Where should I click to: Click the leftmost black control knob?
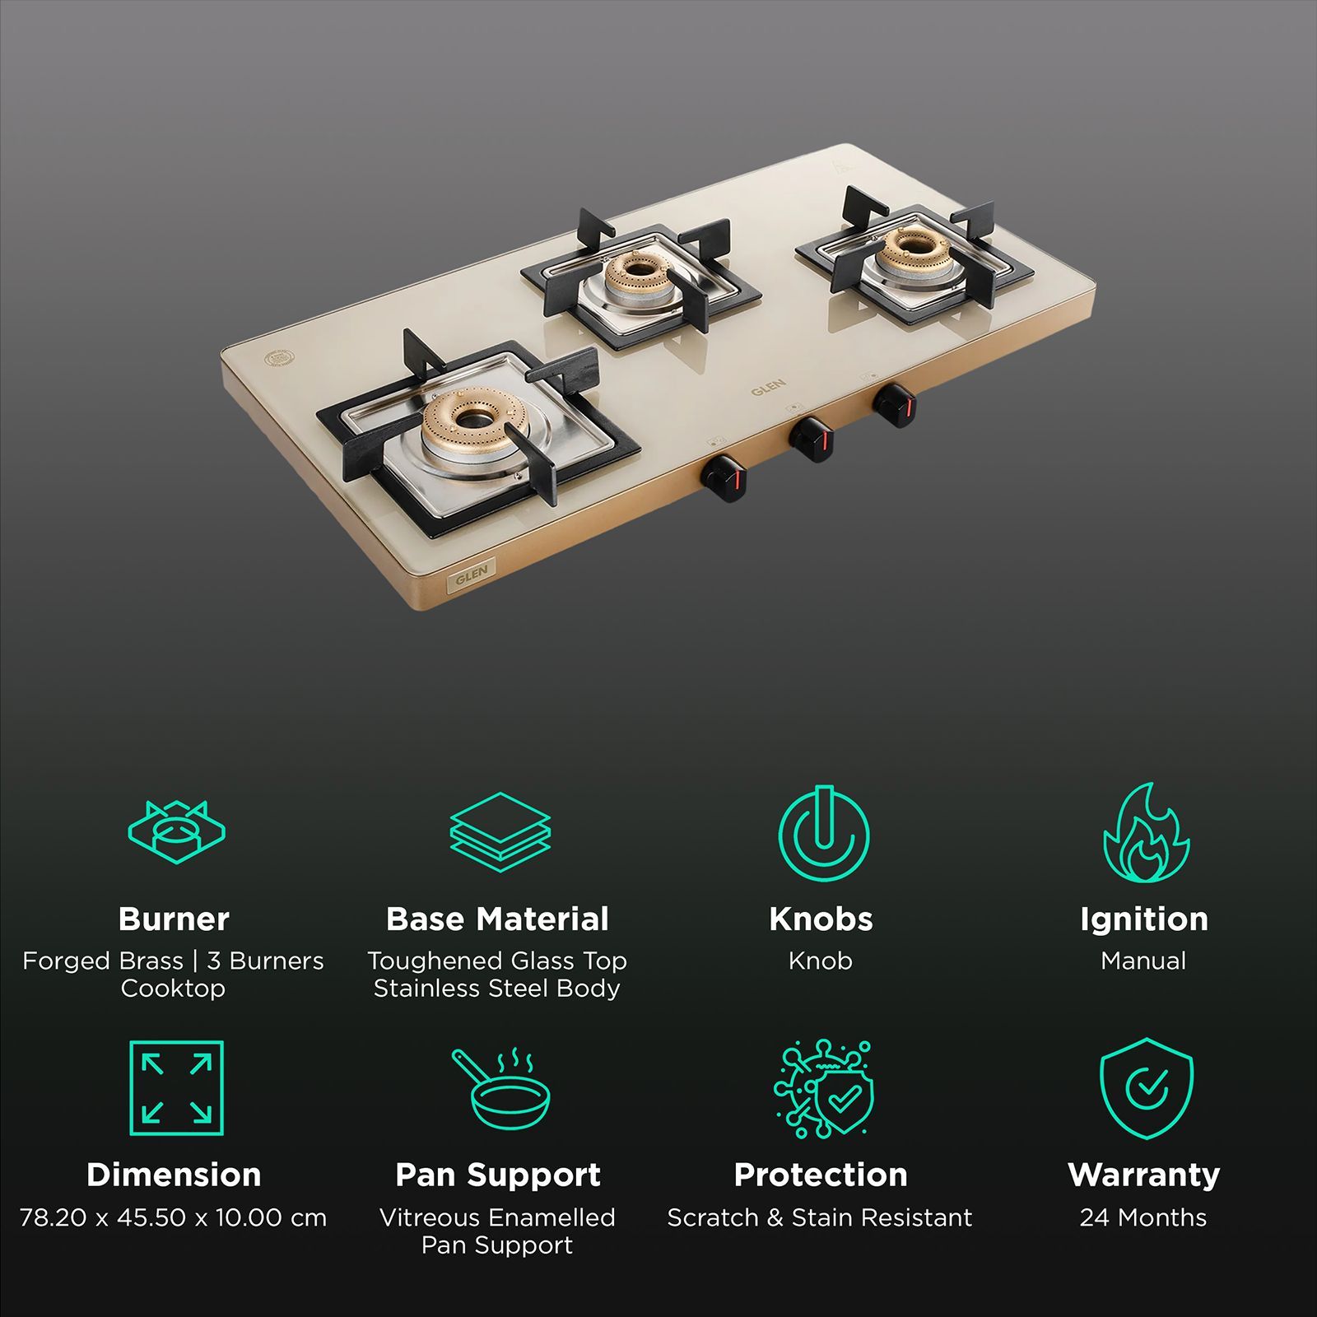pyautogui.click(x=724, y=477)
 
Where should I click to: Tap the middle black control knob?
pyautogui.click(x=812, y=439)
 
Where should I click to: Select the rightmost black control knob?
pyautogui.click(x=895, y=404)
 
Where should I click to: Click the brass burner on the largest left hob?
pyautogui.click(x=471, y=419)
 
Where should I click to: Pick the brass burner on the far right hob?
pyautogui.click(x=912, y=246)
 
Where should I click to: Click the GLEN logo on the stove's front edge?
pyautogui.click(x=472, y=574)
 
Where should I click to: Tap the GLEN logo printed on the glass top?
pyautogui.click(x=768, y=387)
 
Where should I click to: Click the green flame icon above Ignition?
pyautogui.click(x=1145, y=833)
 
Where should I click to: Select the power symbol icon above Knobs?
pyautogui.click(x=823, y=833)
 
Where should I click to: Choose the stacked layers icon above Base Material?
pyautogui.click(x=500, y=831)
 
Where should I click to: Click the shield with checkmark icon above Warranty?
pyautogui.click(x=1146, y=1088)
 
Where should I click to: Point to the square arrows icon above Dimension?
pyautogui.click(x=176, y=1088)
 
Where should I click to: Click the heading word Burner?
pyautogui.click(x=174, y=919)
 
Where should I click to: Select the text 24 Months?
pyautogui.click(x=1143, y=1217)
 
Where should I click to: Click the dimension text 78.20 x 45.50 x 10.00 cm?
pyautogui.click(x=173, y=1217)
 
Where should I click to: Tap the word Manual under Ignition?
pyautogui.click(x=1143, y=961)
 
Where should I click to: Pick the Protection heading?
pyautogui.click(x=821, y=1175)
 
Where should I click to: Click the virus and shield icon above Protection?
pyautogui.click(x=823, y=1088)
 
